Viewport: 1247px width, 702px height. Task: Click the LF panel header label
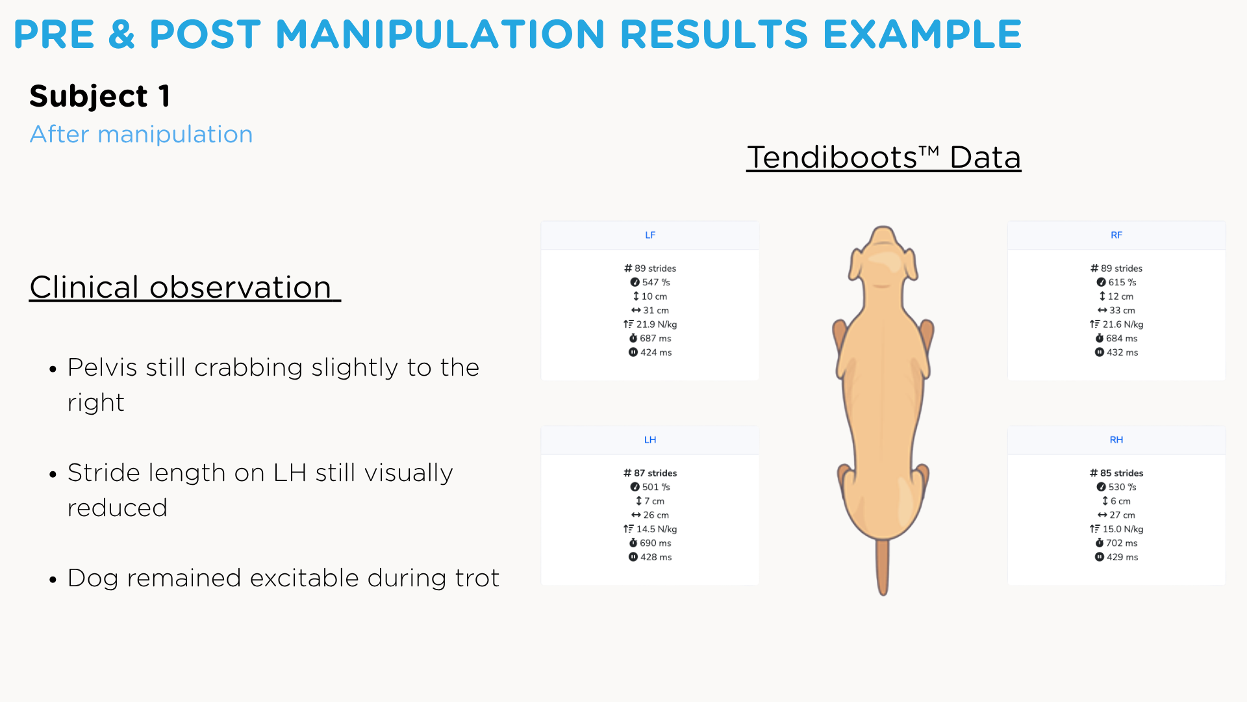tap(650, 235)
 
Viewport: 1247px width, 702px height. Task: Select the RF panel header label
tap(1116, 235)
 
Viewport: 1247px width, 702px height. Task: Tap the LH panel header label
tap(650, 440)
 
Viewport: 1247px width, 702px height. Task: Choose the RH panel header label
tap(1116, 440)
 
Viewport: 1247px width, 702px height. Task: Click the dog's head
tap(883, 257)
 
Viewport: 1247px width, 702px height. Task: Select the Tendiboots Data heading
tap(884, 157)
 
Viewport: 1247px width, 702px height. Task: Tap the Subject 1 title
tap(100, 96)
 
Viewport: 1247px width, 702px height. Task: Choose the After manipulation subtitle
tap(142, 135)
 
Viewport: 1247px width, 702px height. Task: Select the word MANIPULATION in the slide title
tap(440, 34)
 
